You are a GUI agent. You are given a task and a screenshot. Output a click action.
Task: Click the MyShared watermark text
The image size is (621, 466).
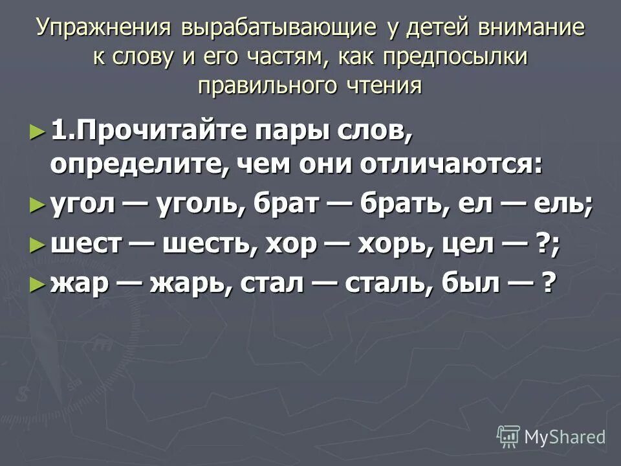click(564, 437)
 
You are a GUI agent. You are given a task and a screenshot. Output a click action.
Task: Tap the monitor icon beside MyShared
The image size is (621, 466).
click(508, 437)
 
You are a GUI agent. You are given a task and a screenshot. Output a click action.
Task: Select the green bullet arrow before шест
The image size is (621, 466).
click(39, 245)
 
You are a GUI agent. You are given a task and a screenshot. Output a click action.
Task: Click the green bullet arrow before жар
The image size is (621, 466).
click(39, 283)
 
